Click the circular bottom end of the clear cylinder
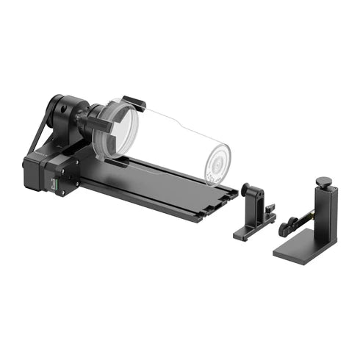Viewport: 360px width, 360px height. [216, 162]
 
